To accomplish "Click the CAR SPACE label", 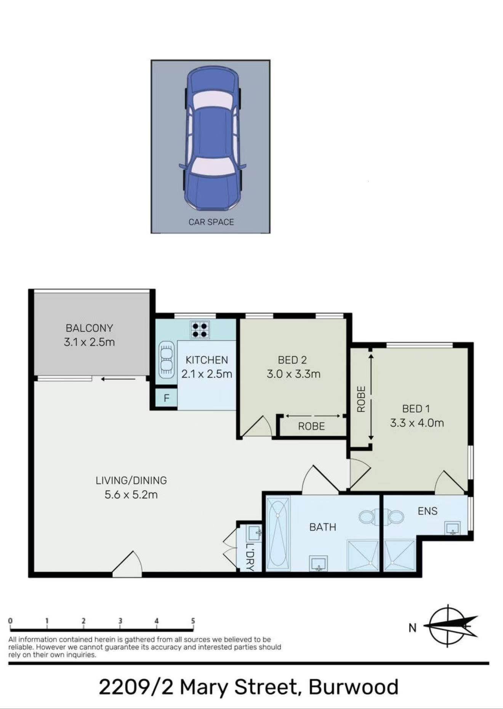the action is point(211,222).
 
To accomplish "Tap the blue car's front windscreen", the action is point(211,167).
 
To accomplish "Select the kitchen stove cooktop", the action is point(200,330).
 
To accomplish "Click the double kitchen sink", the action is point(167,359).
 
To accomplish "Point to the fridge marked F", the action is point(167,398).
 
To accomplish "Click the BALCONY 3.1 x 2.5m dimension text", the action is point(89,342).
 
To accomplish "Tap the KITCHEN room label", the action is point(207,360).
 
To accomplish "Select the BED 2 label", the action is point(292,360).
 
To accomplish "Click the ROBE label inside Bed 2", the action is point(311,426).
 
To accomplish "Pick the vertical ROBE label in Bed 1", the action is point(361,399).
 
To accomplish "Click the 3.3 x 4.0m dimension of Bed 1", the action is point(417,423).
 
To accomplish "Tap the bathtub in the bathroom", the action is point(278,533).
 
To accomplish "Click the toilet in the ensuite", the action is point(394,517).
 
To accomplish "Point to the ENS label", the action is point(428,511).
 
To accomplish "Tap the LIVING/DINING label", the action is point(131,480).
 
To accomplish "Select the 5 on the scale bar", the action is point(193,621).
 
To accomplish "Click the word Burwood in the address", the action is point(354,687).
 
